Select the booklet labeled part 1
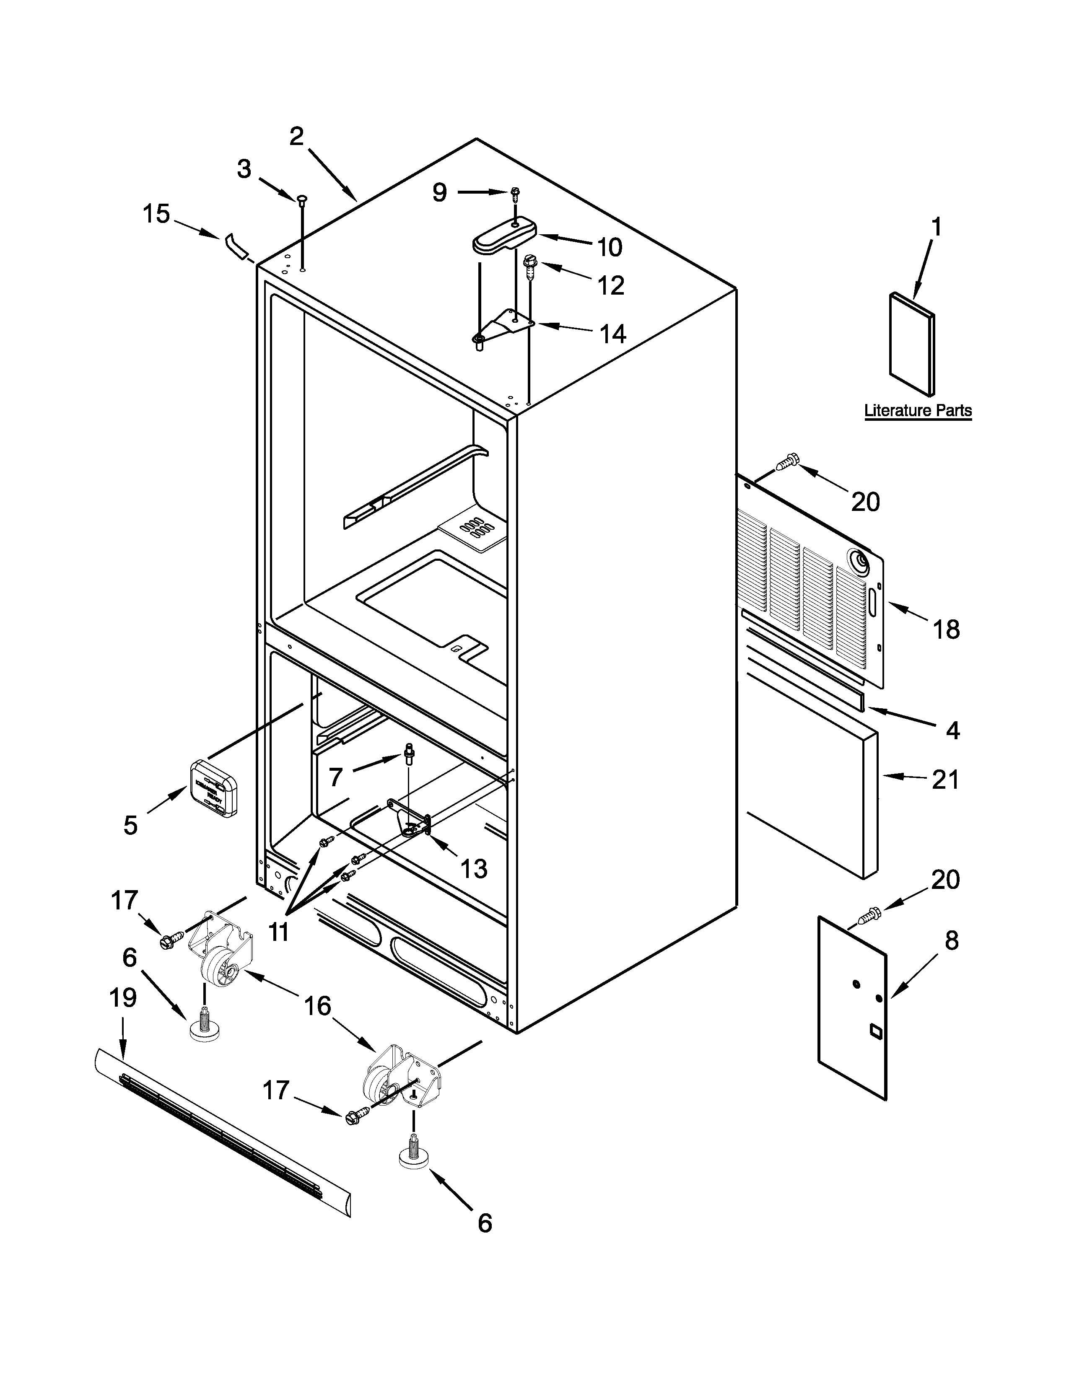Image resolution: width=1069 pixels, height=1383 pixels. coord(912,345)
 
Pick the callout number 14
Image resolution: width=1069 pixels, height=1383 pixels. coord(612,334)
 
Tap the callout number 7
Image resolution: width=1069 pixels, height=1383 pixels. coord(336,776)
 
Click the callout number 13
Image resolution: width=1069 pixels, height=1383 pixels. coord(474,869)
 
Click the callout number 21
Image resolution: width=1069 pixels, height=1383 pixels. coord(945,780)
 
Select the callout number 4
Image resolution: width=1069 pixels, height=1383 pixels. coord(952,731)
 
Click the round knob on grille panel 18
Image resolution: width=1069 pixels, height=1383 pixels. coord(860,560)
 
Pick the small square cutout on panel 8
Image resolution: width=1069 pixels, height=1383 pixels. coord(874,1032)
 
